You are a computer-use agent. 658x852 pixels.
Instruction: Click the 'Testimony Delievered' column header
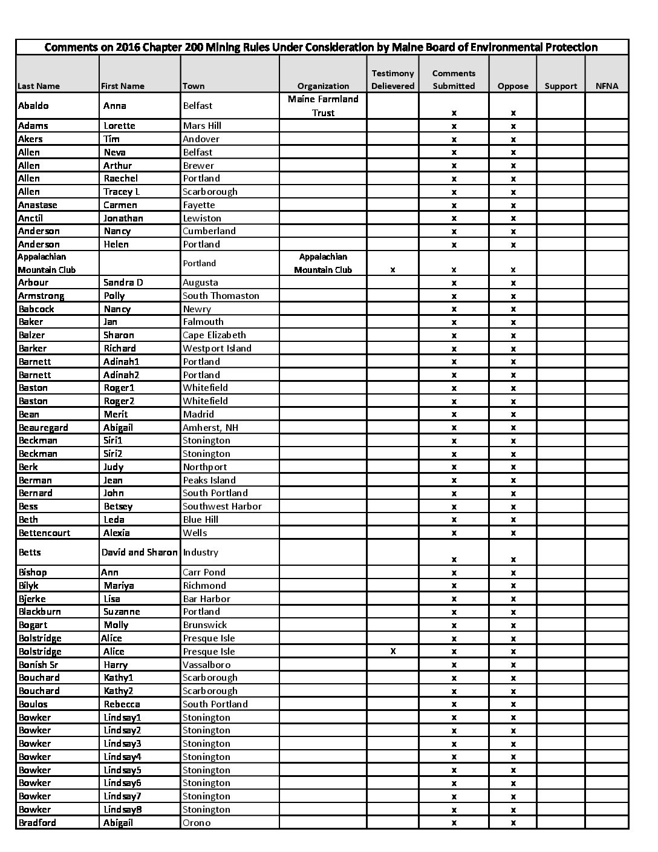(393, 79)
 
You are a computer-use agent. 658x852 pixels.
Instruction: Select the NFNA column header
(607, 86)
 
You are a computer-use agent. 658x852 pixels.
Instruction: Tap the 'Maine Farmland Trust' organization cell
(323, 105)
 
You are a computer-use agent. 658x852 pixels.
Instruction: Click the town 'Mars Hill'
(202, 126)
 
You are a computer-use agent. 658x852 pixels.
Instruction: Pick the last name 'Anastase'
(37, 205)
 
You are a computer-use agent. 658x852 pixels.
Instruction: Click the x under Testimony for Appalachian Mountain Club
(393, 269)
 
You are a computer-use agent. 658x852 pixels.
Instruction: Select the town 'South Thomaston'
(221, 296)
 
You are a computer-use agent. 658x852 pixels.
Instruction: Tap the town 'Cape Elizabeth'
(214, 335)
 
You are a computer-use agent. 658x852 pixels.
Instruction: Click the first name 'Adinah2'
(121, 375)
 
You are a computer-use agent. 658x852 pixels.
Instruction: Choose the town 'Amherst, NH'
(210, 427)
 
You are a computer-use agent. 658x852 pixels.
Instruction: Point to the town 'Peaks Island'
(209, 480)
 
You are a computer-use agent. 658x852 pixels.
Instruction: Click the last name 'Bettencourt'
(44, 533)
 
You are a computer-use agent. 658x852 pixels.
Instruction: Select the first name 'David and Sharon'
(140, 552)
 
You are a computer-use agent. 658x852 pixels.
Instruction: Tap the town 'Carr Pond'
(204, 572)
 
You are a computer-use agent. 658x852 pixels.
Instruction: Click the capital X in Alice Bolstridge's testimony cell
(393, 651)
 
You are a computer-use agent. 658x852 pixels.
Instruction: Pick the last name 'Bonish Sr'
(39, 664)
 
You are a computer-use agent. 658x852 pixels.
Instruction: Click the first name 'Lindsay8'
(122, 810)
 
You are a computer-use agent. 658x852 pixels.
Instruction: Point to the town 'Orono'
(197, 823)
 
